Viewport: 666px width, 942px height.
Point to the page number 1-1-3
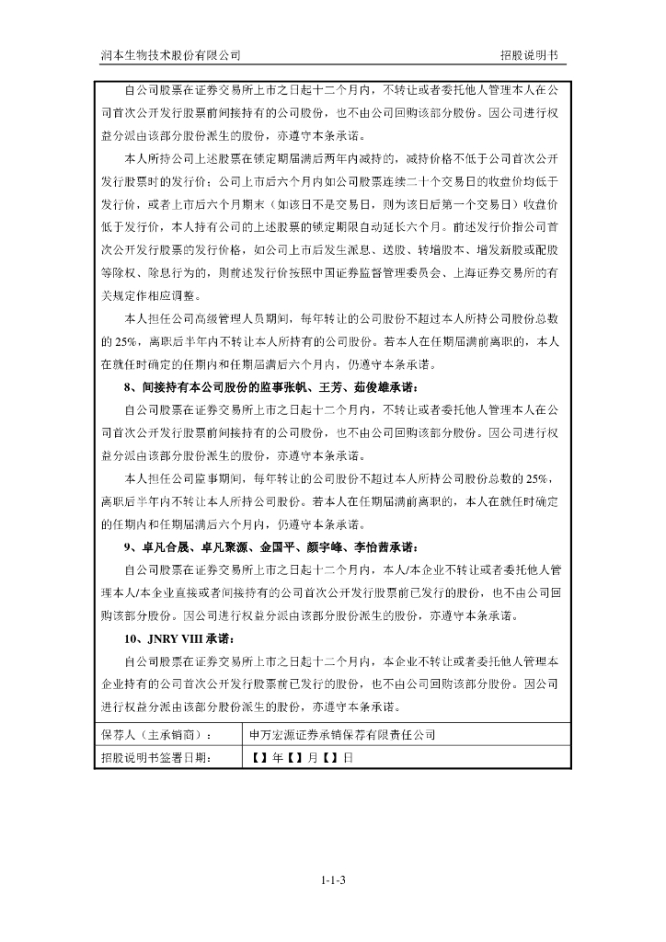pyautogui.click(x=333, y=880)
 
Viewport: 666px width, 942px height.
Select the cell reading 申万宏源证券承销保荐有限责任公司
pyautogui.click(x=343, y=735)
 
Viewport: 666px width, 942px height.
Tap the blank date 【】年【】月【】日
pyautogui.click(x=302, y=758)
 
